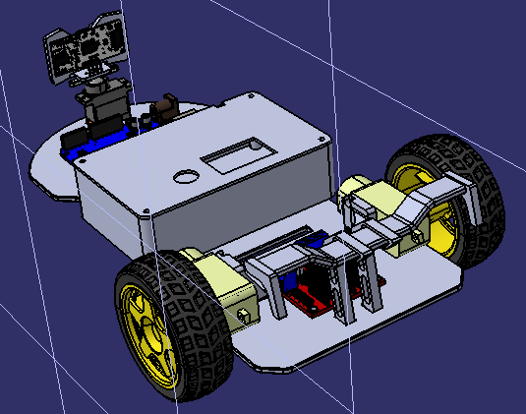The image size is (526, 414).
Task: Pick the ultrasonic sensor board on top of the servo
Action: (88, 50)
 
